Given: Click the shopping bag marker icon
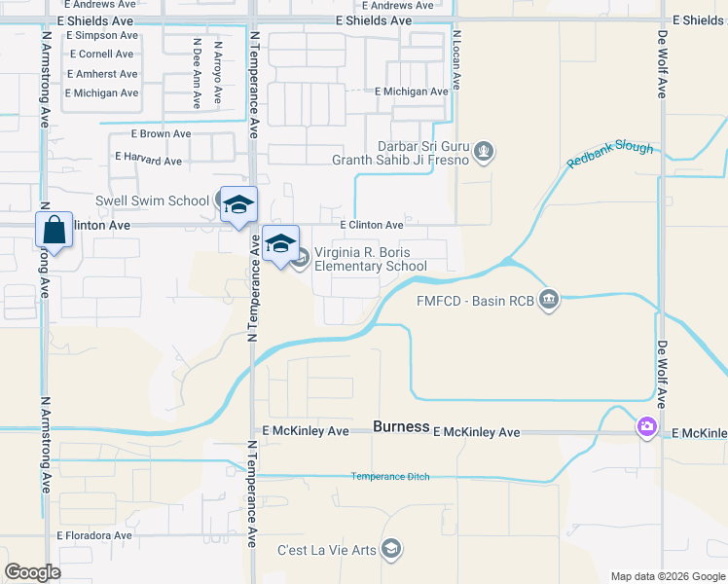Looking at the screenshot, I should click(x=55, y=232).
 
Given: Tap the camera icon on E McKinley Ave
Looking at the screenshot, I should click(x=647, y=427).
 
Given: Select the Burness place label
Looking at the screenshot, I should click(x=401, y=427).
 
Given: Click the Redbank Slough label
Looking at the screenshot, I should click(x=610, y=153).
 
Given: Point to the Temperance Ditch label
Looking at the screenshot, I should click(x=391, y=476).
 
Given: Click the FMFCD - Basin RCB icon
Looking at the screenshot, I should click(x=549, y=298).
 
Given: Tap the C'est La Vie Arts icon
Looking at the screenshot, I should click(x=391, y=550).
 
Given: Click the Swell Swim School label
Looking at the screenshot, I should click(x=152, y=201).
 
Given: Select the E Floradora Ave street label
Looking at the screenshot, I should click(x=93, y=535).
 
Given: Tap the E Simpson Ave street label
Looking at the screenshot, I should click(x=102, y=35).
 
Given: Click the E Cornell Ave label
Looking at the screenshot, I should click(x=100, y=55).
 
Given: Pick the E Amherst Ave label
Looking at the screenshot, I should click(x=102, y=74).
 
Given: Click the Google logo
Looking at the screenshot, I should click(x=32, y=572).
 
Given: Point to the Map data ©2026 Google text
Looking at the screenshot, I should click(x=667, y=576).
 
